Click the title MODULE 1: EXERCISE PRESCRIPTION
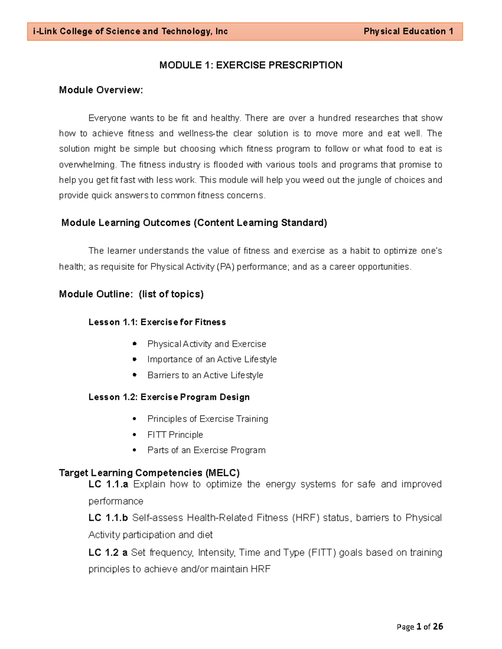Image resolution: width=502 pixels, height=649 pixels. (x=251, y=65)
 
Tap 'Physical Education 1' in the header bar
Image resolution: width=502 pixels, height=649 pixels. (x=408, y=31)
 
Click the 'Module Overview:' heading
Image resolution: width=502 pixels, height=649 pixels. (x=101, y=90)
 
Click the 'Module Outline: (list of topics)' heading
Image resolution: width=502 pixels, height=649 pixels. (x=131, y=294)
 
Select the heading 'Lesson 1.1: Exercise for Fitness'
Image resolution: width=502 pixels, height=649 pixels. (x=157, y=322)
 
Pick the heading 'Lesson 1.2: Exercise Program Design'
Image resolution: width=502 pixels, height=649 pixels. (x=169, y=397)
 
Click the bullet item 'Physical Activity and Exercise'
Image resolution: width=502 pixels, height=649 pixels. (x=207, y=344)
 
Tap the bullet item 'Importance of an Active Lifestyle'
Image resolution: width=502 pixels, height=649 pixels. (x=212, y=359)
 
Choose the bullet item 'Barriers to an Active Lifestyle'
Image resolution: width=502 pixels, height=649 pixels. (x=205, y=375)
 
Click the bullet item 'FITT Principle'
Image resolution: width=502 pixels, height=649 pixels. (x=175, y=435)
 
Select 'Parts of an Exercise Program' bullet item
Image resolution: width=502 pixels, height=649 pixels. (x=206, y=450)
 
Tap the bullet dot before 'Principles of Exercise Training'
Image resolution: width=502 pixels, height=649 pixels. (x=134, y=419)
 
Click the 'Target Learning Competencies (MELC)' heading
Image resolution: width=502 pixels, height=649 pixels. (x=149, y=473)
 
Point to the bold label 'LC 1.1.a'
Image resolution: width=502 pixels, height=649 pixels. (x=108, y=484)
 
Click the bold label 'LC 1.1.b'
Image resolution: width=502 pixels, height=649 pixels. (x=108, y=518)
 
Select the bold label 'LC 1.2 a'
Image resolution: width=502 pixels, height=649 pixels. (x=108, y=552)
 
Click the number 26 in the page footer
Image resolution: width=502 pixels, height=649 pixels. (x=438, y=626)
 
